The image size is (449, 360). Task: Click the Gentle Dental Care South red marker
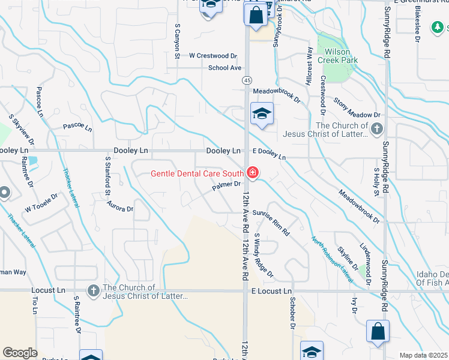[253, 173]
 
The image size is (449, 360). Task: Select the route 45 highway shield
[247, 79]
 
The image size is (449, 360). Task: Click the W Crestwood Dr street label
[209, 56]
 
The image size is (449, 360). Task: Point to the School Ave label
[224, 68]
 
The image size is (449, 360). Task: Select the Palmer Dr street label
[226, 187]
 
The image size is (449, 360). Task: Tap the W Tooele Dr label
[41, 202]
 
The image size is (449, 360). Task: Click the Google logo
[20, 353]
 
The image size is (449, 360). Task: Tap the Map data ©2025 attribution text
[423, 355]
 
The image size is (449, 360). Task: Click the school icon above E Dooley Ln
[262, 113]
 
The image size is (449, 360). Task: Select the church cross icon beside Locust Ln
[93, 291]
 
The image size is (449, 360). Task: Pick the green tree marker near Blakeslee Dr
[439, 26]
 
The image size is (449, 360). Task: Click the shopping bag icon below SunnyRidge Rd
[378, 331]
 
